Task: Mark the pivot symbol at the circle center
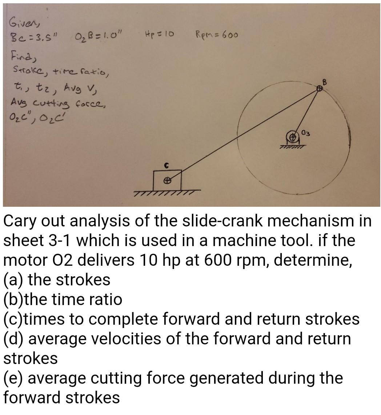(x=292, y=137)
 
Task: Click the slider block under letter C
(x=167, y=179)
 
